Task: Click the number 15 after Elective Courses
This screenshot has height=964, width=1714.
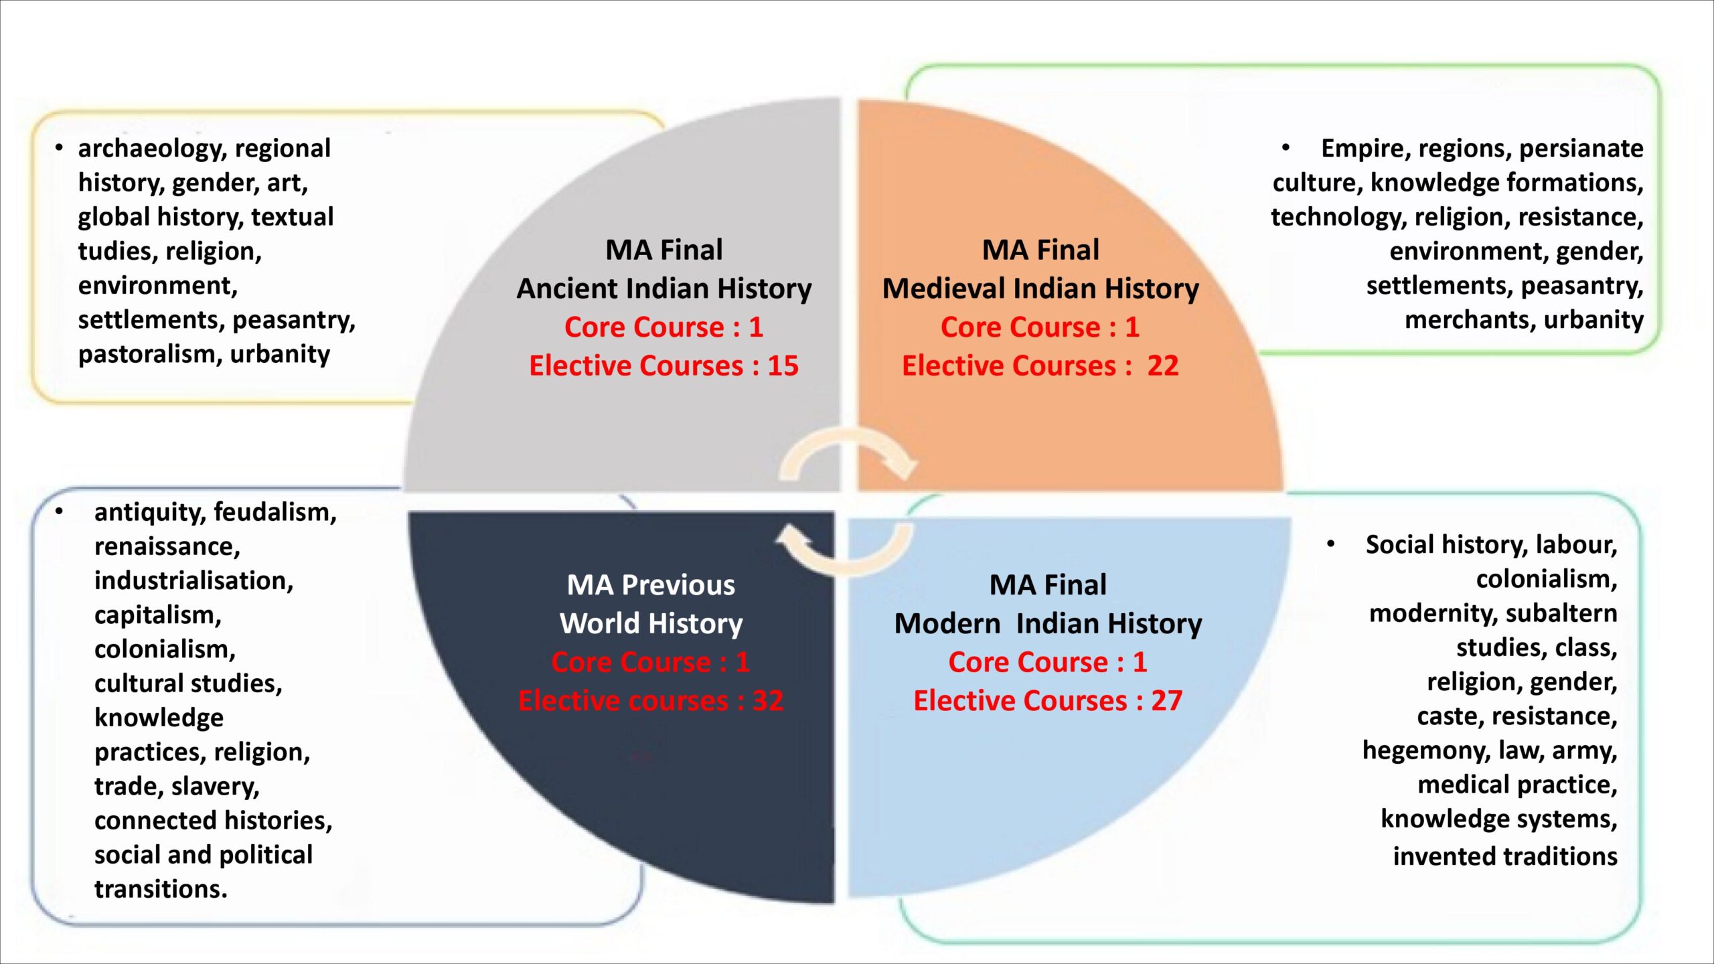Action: (x=783, y=366)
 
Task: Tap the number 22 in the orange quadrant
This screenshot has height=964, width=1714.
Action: (x=1162, y=366)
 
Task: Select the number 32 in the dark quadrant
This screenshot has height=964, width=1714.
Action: (x=767, y=701)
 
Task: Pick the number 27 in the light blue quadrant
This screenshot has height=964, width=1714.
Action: (x=1166, y=701)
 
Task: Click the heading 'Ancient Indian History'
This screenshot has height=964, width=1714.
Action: (x=664, y=289)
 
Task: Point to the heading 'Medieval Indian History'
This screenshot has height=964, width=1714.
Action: (x=1040, y=289)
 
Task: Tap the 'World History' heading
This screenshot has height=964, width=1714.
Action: (x=651, y=624)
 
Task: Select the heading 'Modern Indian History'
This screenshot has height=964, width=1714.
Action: (x=1048, y=624)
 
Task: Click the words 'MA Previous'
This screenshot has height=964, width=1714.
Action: (x=651, y=585)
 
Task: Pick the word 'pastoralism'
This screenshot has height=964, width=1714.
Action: (x=150, y=354)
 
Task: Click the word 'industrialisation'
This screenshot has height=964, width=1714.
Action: (x=193, y=580)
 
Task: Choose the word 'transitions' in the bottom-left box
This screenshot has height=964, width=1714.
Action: (x=160, y=889)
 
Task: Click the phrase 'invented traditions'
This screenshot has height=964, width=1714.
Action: (x=1504, y=856)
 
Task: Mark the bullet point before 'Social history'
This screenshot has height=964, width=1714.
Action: (x=1331, y=544)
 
